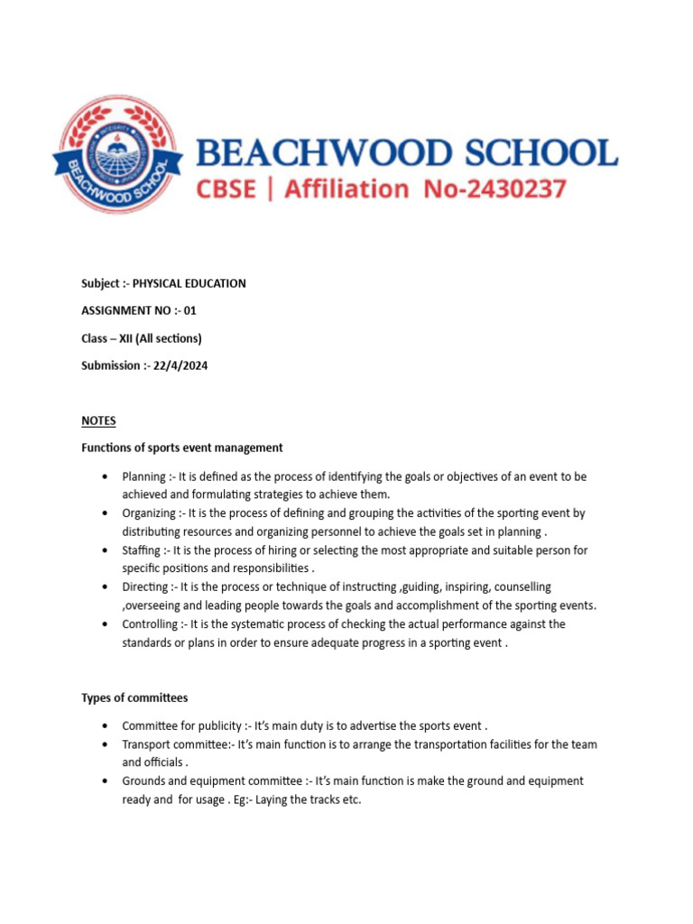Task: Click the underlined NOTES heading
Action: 98,420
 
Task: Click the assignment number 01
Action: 189,310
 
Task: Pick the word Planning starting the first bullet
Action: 143,476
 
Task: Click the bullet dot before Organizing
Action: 106,513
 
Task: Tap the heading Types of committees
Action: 135,698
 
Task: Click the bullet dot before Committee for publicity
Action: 106,725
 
